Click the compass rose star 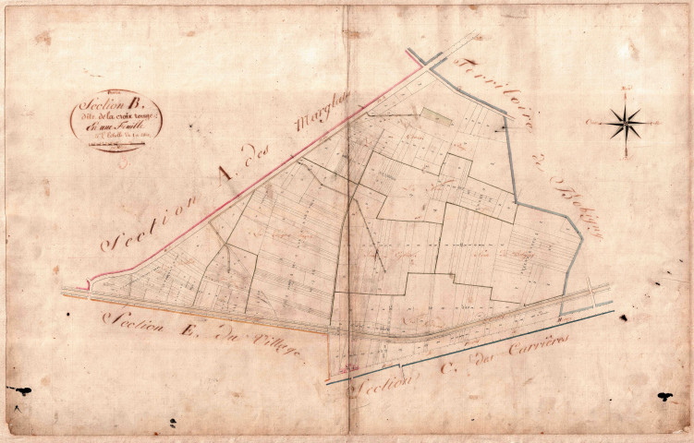626,121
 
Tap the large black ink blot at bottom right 664,397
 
